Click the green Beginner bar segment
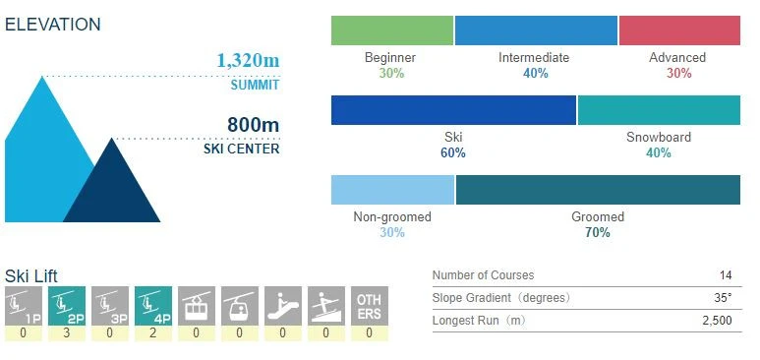[x=392, y=30]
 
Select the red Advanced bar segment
[x=679, y=30]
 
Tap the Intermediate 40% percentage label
[x=534, y=74]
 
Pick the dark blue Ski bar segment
[x=453, y=109]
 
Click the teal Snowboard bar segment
[x=659, y=109]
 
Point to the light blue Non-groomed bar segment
[x=392, y=189]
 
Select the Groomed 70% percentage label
[x=598, y=233]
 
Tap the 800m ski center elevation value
[x=253, y=125]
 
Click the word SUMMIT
[x=255, y=85]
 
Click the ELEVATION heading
[x=52, y=24]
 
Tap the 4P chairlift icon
[x=152, y=305]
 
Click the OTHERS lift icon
[x=369, y=305]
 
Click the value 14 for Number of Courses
[x=725, y=275]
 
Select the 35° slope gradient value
[x=723, y=298]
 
